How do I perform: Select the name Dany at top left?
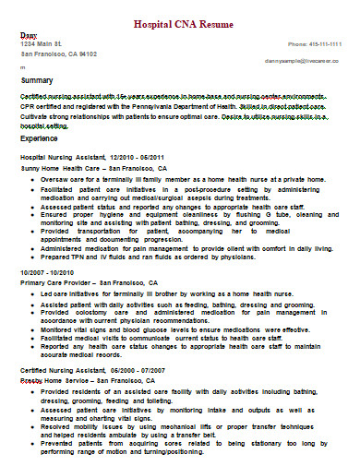tap(29, 33)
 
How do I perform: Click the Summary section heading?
tap(37, 81)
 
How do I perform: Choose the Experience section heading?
tap(40, 137)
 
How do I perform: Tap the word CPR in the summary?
tap(29, 105)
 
